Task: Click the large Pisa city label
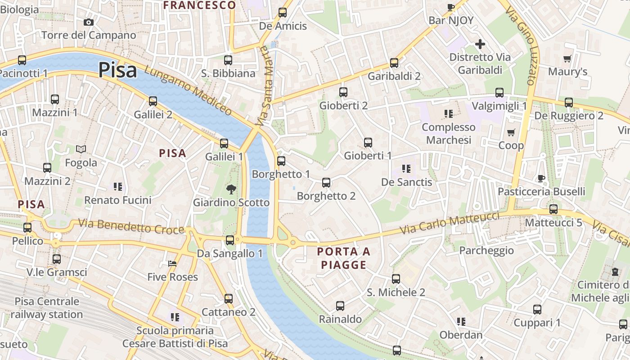pyautogui.click(x=117, y=70)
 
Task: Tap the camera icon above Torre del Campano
pyautogui.click(x=89, y=22)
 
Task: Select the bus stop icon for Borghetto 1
pyautogui.click(x=281, y=161)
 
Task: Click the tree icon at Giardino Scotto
pyautogui.click(x=231, y=189)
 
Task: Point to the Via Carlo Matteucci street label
pyautogui.click(x=450, y=223)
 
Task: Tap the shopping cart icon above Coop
pyautogui.click(x=511, y=132)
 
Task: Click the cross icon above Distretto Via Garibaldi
pyautogui.click(x=480, y=44)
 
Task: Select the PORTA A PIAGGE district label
pyautogui.click(x=344, y=258)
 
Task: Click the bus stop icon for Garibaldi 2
pyautogui.click(x=394, y=63)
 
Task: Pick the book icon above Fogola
pyautogui.click(x=81, y=149)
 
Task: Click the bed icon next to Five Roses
pyautogui.click(x=172, y=264)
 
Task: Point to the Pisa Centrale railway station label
pyautogui.click(x=47, y=308)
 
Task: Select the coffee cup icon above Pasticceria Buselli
pyautogui.click(x=541, y=179)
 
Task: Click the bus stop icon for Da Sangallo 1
pyautogui.click(x=230, y=240)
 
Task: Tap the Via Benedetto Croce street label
pyautogui.click(x=131, y=226)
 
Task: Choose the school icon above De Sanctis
pyautogui.click(x=406, y=169)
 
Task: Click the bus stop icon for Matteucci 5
pyautogui.click(x=553, y=209)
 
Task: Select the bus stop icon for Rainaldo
pyautogui.click(x=340, y=306)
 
